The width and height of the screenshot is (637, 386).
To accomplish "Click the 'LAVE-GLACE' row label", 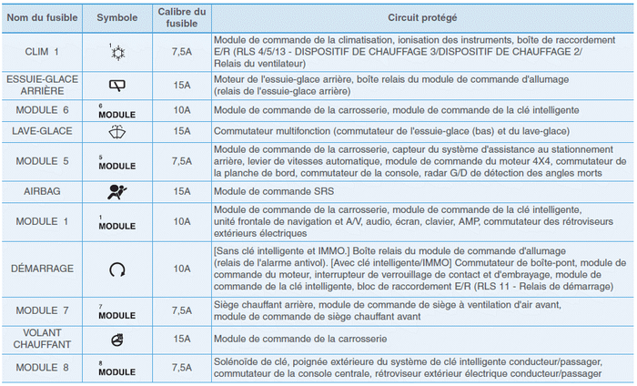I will [x=43, y=131].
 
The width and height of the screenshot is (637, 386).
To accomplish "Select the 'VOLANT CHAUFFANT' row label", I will [x=43, y=339].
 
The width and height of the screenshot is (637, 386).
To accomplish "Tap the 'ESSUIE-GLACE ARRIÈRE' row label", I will [x=43, y=86].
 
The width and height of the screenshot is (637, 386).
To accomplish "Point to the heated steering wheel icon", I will [x=116, y=339].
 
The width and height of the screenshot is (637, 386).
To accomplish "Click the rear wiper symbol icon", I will [x=116, y=86].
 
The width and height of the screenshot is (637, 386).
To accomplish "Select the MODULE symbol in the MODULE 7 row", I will [x=116, y=311].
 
